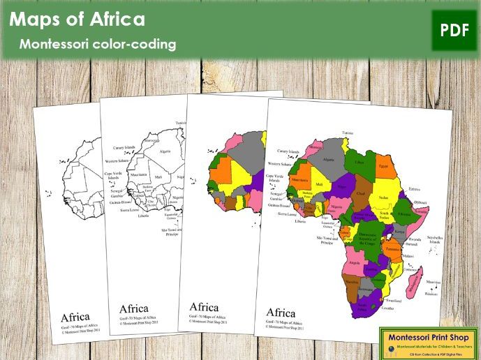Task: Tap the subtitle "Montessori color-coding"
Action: pos(98,45)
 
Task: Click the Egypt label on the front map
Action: pos(383,166)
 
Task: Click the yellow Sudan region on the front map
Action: pos(382,197)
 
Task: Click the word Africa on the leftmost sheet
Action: pos(75,316)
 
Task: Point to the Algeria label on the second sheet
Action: pos(165,151)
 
